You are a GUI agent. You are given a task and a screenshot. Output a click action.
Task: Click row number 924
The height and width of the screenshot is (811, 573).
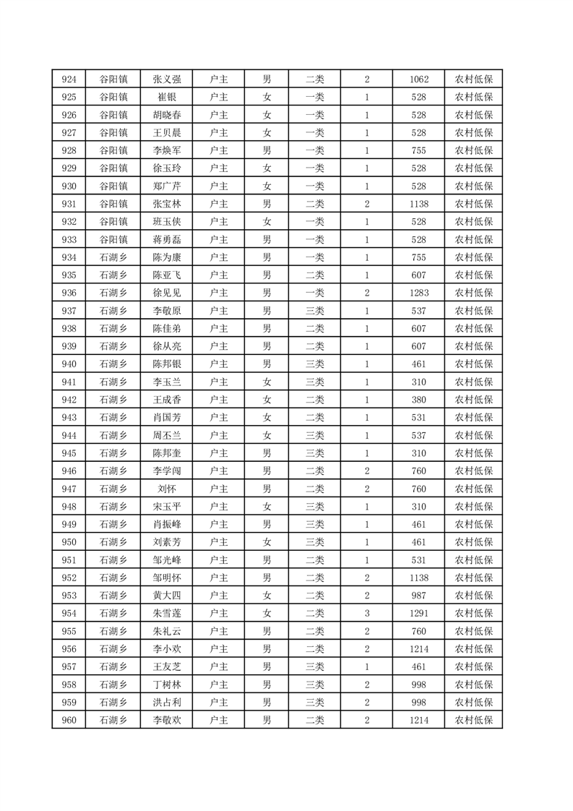[x=69, y=80]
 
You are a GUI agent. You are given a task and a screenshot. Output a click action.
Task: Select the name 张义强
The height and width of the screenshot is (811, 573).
[x=167, y=80]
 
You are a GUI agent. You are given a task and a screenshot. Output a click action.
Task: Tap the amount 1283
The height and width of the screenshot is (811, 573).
[x=418, y=293]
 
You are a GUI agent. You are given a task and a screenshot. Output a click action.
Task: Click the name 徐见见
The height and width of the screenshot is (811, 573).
[x=167, y=293]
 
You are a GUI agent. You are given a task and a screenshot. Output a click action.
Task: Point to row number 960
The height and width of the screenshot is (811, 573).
[x=69, y=720]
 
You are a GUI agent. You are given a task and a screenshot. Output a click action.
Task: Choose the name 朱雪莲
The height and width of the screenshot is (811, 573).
[x=167, y=613]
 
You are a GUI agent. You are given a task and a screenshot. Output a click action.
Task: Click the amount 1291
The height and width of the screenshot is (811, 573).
[x=418, y=613]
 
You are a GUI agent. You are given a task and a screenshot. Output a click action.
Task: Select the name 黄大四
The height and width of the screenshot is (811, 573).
[x=167, y=596]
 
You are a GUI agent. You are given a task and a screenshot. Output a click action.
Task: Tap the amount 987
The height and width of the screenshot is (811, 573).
[x=418, y=596]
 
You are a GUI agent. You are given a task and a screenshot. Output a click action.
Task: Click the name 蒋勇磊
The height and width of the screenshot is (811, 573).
[x=167, y=239]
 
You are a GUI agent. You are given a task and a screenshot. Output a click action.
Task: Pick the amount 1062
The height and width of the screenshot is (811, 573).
[x=418, y=80]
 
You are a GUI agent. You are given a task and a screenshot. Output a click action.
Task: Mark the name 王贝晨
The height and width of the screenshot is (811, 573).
[x=167, y=133]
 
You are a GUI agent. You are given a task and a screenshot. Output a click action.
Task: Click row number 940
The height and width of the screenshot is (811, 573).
[x=69, y=364]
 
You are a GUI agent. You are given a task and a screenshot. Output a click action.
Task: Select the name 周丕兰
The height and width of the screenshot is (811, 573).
[x=167, y=435]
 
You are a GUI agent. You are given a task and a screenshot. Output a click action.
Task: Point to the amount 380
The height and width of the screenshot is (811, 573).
[x=418, y=400]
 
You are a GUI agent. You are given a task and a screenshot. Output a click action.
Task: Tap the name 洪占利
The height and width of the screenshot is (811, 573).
[x=167, y=702]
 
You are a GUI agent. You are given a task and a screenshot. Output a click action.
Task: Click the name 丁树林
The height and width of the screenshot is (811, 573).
[x=167, y=685]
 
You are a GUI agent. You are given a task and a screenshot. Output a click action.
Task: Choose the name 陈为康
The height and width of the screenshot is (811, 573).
[x=167, y=257]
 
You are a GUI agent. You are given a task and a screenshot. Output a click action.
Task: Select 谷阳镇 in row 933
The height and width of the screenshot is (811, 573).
[x=113, y=239]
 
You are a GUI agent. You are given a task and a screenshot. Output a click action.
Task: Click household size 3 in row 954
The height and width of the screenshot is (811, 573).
[x=367, y=613]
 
